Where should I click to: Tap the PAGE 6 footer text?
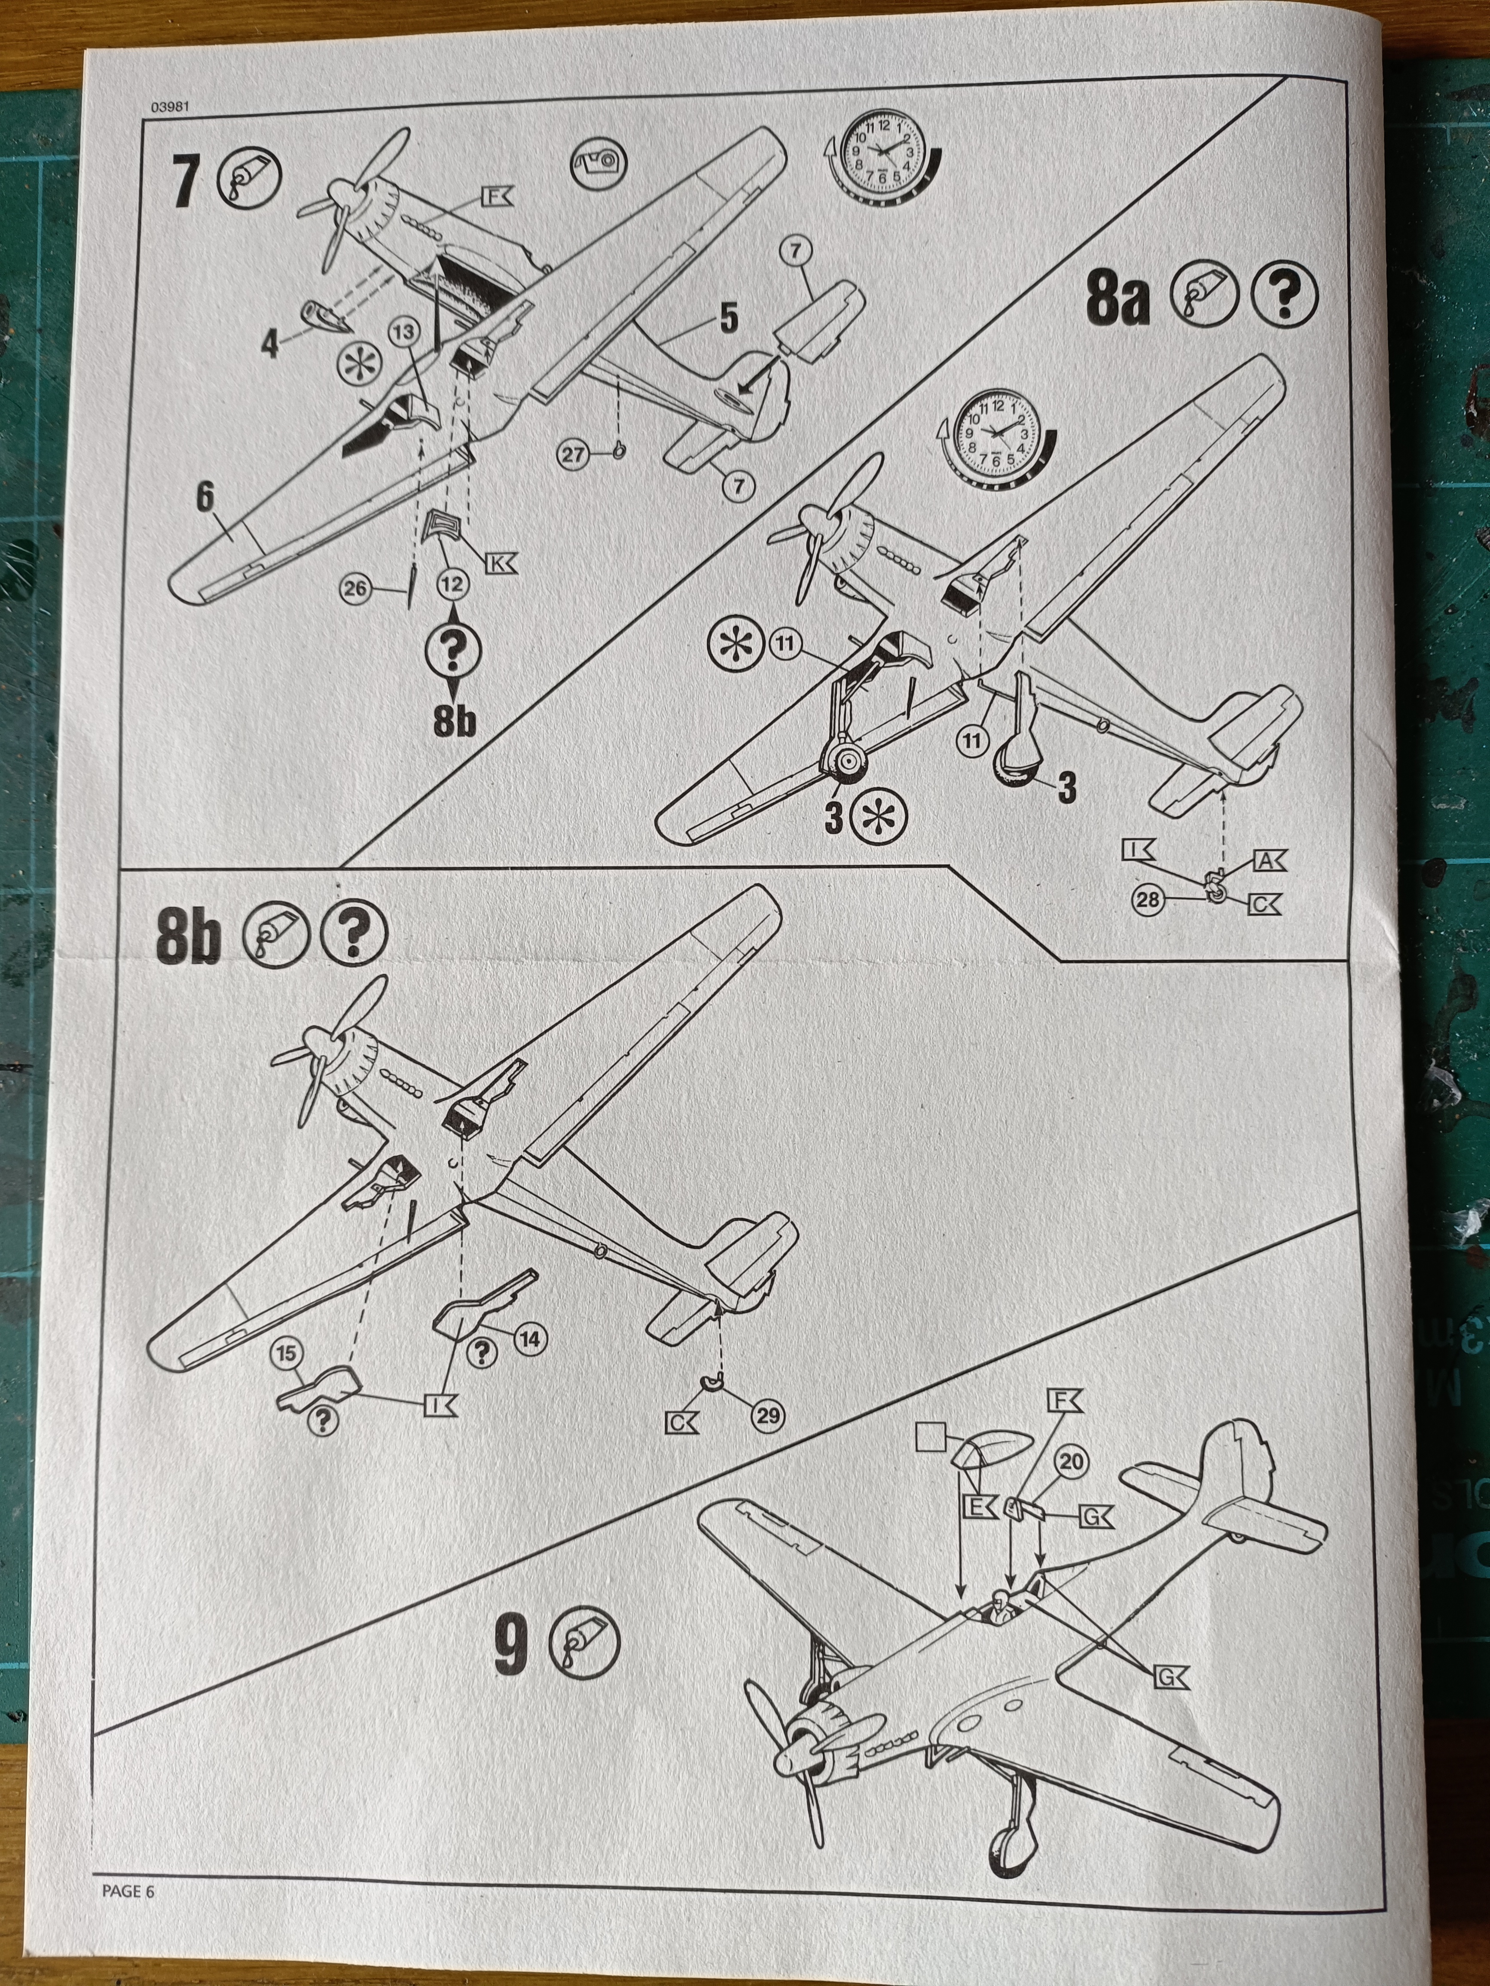(x=128, y=1891)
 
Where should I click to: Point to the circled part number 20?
(x=1071, y=1462)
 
